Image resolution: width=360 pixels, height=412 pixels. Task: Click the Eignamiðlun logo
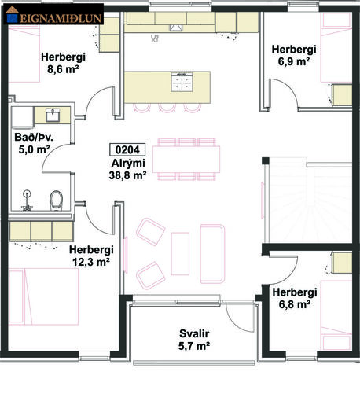pyautogui.click(x=53, y=14)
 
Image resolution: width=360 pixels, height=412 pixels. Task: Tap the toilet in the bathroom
pyautogui.click(x=56, y=200)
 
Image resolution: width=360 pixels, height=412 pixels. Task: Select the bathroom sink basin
pyautogui.click(x=53, y=115)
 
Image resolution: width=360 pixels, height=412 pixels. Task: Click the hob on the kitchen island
pyautogui.click(x=182, y=82)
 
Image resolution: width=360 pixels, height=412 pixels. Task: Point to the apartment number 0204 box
pyautogui.click(x=127, y=149)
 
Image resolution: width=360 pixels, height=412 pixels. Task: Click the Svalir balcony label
pyautogui.click(x=194, y=333)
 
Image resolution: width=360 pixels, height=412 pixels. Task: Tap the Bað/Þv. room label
pyautogui.click(x=34, y=137)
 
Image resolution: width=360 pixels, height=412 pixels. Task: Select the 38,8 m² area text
pyautogui.click(x=127, y=175)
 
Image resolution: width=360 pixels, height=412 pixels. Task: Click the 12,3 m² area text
pyautogui.click(x=91, y=262)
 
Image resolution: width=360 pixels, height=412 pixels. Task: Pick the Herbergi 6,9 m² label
pyautogui.click(x=294, y=55)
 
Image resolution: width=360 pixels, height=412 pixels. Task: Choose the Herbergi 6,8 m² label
pyautogui.click(x=295, y=298)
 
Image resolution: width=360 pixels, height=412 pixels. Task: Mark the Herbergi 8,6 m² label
pyautogui.click(x=63, y=63)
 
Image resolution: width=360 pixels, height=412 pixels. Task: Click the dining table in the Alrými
pyautogui.click(x=186, y=160)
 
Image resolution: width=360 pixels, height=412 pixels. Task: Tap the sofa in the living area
pyautogui.click(x=212, y=254)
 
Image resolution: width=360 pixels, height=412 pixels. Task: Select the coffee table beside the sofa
pyautogui.click(x=180, y=254)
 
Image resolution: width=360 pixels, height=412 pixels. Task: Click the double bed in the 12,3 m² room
pyautogui.click(x=43, y=296)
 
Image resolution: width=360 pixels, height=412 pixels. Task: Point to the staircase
pyautogui.click(x=310, y=202)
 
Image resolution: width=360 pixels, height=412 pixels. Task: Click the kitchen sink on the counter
pyautogui.click(x=175, y=28)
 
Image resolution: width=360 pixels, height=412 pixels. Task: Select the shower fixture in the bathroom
pyautogui.click(x=27, y=201)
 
